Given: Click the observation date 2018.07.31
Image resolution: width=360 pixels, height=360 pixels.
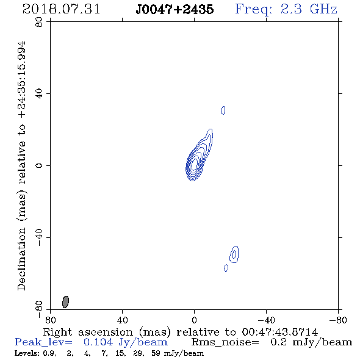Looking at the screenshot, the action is pos(61,9).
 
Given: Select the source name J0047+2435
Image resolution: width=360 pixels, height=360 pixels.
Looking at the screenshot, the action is pos(175,10).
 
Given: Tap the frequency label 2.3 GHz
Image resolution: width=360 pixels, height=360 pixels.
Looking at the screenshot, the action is pos(309,9).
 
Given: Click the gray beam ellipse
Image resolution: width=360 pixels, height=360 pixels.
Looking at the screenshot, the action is pos(66,302).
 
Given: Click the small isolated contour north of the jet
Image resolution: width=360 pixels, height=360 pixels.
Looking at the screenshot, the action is pos(223,110).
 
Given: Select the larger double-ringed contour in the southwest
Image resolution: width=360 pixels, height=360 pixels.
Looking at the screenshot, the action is pos(234,254).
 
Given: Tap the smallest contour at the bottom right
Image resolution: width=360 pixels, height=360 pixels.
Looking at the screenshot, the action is pos(226,268).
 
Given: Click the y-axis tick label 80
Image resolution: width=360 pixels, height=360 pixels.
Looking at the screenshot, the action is pos(39,22).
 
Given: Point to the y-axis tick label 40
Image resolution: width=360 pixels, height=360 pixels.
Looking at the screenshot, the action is pos(39,94).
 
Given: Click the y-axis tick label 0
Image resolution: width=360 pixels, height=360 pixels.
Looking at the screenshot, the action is pos(39,165).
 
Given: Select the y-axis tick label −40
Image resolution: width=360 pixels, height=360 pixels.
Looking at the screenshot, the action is pos(39,237).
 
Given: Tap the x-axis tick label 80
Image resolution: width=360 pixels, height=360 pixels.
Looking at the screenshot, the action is pos(50,320).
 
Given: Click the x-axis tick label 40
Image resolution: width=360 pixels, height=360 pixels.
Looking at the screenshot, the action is pos(122,320).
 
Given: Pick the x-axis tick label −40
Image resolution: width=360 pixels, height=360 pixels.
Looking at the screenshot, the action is pos(266,320).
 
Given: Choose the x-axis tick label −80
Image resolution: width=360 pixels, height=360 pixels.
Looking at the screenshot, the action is pos(338,320).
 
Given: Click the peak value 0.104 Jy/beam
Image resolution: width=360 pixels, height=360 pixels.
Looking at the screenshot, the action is pos(126,342).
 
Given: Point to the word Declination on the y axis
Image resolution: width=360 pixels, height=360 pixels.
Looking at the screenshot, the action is pos(21,259).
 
